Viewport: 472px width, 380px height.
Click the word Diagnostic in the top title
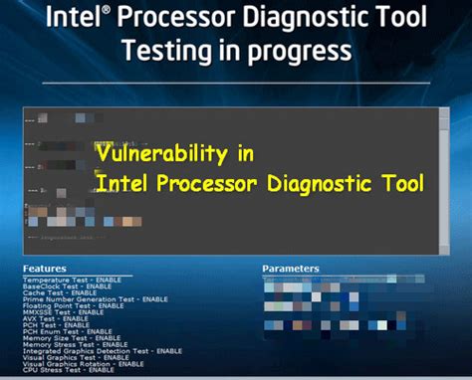[x=283, y=19]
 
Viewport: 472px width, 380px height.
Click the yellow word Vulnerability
[x=175, y=154]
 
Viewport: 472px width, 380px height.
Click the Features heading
[x=44, y=269]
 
